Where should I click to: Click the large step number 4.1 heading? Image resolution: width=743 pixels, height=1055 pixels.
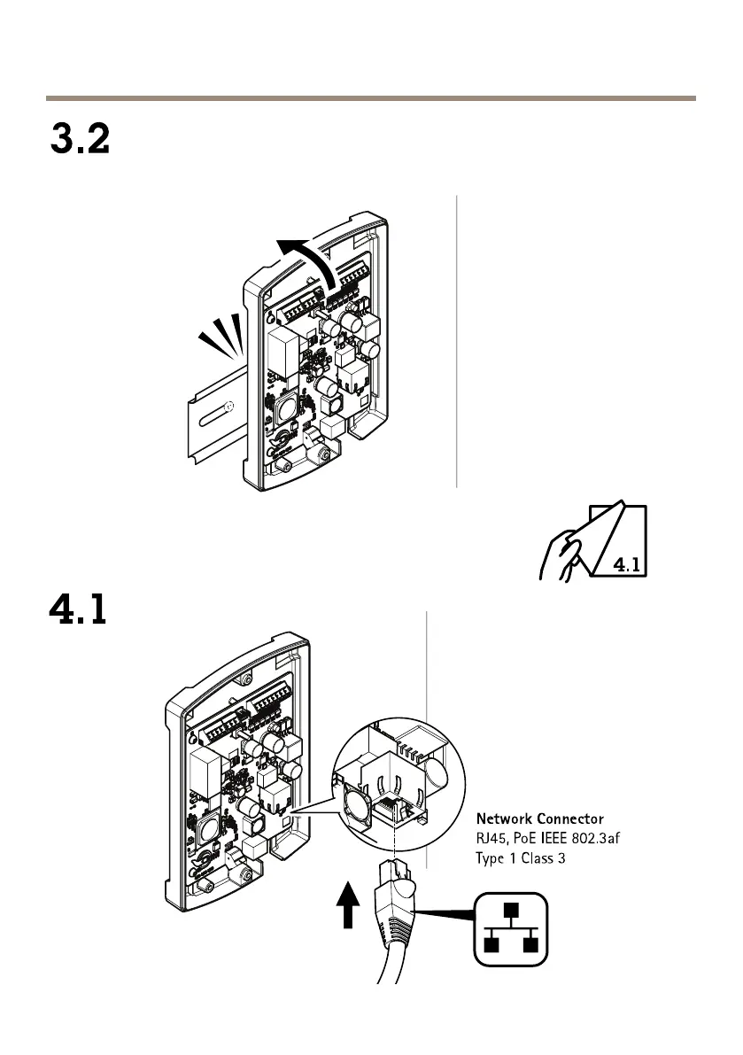pyautogui.click(x=77, y=611)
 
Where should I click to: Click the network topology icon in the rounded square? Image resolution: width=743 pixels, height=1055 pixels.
pyautogui.click(x=509, y=928)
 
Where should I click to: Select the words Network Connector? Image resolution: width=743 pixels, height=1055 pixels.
pyautogui.click(x=540, y=819)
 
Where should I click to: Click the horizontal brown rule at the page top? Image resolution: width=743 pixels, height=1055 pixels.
pyautogui.click(x=371, y=98)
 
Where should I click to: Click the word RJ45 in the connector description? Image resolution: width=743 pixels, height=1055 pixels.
pyautogui.click(x=492, y=838)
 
